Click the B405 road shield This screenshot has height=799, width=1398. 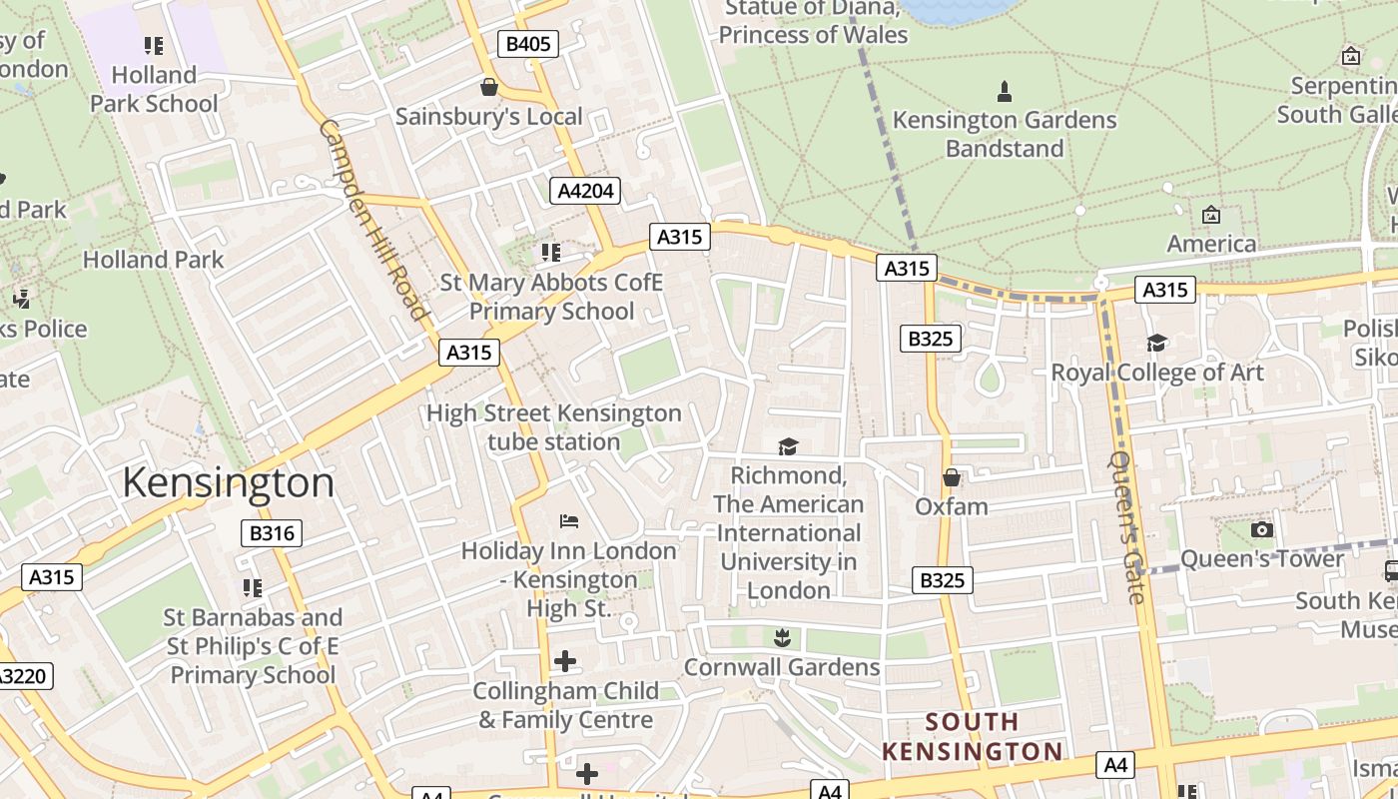(x=528, y=44)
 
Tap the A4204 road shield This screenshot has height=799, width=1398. (x=586, y=191)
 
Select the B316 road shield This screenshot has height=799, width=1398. (x=272, y=533)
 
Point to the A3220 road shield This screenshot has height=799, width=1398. (x=22, y=676)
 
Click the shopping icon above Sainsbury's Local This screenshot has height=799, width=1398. (x=489, y=87)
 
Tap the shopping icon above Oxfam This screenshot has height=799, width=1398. (x=952, y=477)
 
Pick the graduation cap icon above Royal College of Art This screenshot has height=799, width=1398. (x=1157, y=343)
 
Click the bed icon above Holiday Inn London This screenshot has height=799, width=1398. (x=569, y=520)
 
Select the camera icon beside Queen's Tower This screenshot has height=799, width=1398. (x=1262, y=529)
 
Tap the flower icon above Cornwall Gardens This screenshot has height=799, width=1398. (x=781, y=636)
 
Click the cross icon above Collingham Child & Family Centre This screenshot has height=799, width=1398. (x=565, y=660)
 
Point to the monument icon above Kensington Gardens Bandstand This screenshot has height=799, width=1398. (x=1005, y=91)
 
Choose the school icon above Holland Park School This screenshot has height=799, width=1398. (x=153, y=45)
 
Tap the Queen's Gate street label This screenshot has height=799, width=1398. (x=1125, y=528)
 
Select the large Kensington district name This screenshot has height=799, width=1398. (x=228, y=482)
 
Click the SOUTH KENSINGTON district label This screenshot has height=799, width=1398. (x=972, y=736)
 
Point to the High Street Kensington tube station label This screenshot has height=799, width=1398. (x=554, y=426)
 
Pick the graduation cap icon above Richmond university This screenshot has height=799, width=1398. (x=789, y=446)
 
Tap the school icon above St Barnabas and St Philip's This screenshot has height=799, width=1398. (x=253, y=587)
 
